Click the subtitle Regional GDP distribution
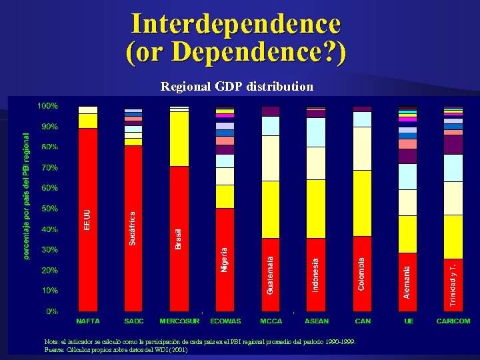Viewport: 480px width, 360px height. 237,87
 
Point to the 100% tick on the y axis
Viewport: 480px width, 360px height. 47,106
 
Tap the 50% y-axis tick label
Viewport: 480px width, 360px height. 49,209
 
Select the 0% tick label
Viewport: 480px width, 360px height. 51,311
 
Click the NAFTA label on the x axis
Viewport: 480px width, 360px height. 88,321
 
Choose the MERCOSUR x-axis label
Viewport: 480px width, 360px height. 179,321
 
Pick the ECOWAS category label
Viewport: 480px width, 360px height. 225,321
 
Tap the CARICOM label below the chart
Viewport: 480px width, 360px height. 453,321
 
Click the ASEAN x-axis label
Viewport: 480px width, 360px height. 317,321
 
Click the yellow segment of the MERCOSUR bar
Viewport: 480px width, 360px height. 179,139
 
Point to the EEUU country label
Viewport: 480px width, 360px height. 87,220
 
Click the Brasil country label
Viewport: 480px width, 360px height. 178,239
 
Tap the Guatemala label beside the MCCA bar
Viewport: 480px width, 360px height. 270,275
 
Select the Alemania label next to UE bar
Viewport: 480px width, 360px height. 407,282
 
